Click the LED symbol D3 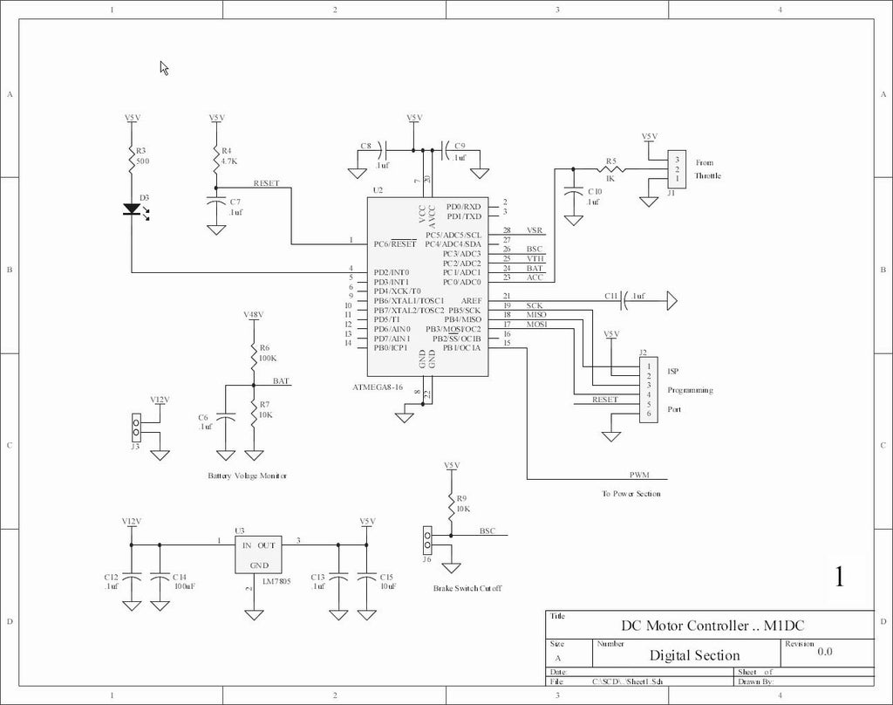coord(133,209)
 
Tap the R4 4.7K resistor coord(215,161)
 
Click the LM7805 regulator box coord(259,554)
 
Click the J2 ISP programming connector coord(648,388)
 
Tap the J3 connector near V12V coord(135,428)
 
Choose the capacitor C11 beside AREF coord(624,302)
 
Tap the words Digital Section coord(694,655)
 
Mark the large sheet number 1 coord(839,578)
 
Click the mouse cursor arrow coord(163,67)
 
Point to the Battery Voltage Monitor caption coord(247,476)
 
